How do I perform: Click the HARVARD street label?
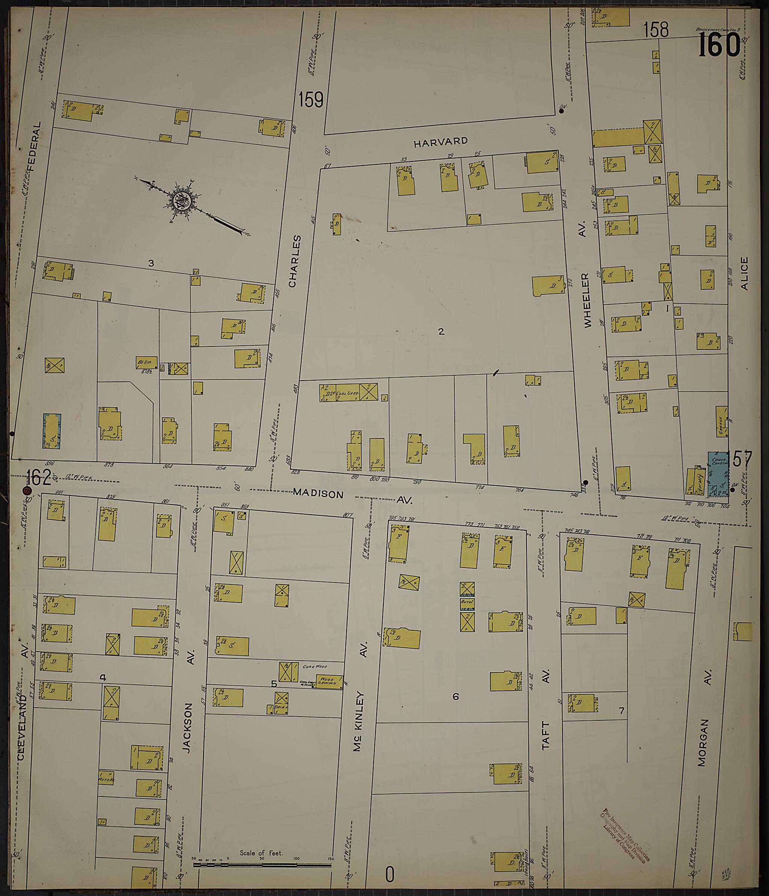(x=441, y=142)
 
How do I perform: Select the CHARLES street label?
(x=294, y=261)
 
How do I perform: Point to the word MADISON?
(x=318, y=493)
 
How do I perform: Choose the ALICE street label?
(x=744, y=273)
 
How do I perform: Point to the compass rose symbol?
(x=182, y=201)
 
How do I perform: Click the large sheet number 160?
(x=719, y=45)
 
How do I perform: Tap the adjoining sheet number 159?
(x=311, y=99)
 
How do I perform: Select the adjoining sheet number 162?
(x=39, y=478)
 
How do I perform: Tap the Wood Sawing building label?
(x=328, y=681)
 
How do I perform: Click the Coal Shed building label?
(x=348, y=393)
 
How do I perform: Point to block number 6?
(x=455, y=696)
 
